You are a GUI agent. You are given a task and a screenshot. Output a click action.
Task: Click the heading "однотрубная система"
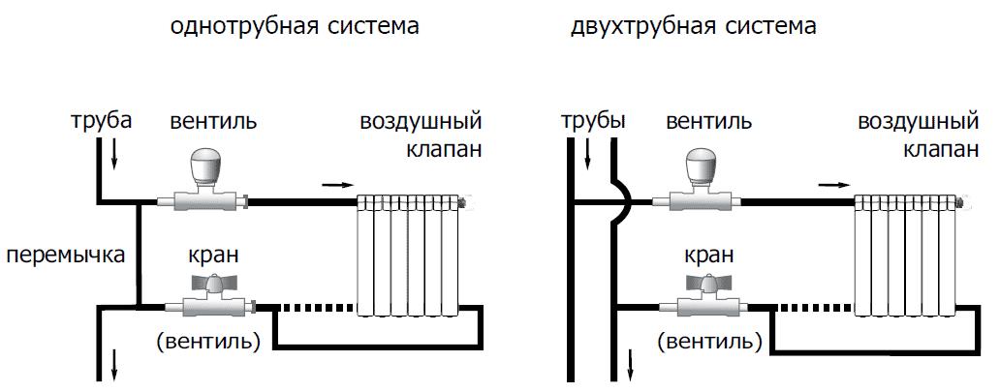[294, 26]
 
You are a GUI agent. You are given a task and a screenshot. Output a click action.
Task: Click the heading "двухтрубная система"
[694, 26]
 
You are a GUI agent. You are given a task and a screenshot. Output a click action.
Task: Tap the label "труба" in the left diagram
[101, 122]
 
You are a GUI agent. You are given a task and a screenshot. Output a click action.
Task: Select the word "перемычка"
[65, 256]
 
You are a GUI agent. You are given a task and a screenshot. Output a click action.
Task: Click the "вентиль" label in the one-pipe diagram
[213, 122]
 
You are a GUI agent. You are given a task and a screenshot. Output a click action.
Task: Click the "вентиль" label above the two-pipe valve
[709, 122]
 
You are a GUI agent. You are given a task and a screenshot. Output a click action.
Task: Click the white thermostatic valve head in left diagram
[205, 166]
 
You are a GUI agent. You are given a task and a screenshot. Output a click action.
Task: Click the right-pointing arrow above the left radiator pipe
[333, 183]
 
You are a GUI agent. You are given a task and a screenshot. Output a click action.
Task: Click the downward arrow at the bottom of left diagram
[116, 366]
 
